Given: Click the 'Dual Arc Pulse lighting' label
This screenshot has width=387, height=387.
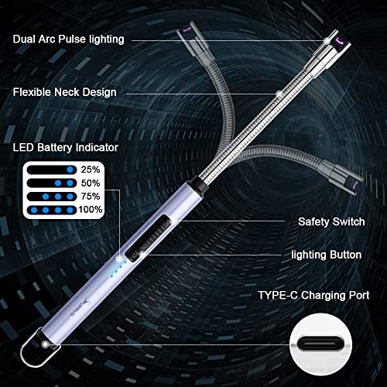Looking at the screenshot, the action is [69, 39].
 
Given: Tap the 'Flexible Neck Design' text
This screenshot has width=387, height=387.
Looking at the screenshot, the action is [65, 92].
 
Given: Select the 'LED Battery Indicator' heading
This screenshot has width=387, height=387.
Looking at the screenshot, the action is [66, 147].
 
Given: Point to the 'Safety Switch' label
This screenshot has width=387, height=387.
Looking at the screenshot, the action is [331, 221].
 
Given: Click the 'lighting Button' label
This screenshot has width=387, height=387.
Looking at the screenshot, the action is [327, 255].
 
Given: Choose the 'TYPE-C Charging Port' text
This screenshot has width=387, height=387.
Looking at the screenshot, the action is [313, 295].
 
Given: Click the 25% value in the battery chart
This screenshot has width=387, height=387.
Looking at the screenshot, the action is [91, 170].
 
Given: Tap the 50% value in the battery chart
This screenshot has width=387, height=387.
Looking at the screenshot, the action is [91, 183].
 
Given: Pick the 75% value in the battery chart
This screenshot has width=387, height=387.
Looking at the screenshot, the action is [91, 197].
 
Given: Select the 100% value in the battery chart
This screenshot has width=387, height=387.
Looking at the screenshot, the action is [91, 210].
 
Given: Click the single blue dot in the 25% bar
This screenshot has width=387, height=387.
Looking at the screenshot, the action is [70, 170].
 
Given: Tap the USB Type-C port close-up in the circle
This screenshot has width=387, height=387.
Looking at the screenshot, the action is [320, 345].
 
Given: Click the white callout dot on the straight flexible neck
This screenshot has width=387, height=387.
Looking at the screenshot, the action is [279, 94].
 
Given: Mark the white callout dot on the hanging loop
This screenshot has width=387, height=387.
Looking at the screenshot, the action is [46, 344].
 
